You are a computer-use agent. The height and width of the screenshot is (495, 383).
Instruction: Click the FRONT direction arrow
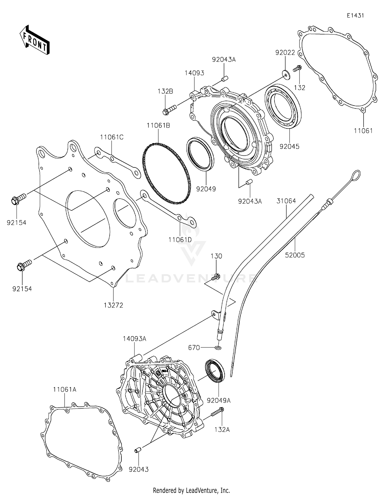coord(34,40)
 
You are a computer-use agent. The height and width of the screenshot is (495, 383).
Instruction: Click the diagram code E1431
coord(355,16)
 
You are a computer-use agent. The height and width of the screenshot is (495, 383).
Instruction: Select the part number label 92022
coord(285,53)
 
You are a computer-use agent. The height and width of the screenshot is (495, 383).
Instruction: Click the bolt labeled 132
coord(297,68)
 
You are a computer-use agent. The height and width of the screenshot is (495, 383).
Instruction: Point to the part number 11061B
coord(158,126)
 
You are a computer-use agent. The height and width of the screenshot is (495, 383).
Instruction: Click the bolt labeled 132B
coord(169,109)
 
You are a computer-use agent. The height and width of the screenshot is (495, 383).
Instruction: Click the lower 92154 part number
coord(22,289)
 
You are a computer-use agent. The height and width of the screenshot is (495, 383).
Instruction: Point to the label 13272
coord(113,305)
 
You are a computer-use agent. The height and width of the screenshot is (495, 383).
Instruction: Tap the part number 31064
coord(286,201)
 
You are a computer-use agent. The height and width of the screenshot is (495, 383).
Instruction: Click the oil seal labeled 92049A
coord(215,371)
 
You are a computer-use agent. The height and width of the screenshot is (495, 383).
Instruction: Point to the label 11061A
coord(65,390)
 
